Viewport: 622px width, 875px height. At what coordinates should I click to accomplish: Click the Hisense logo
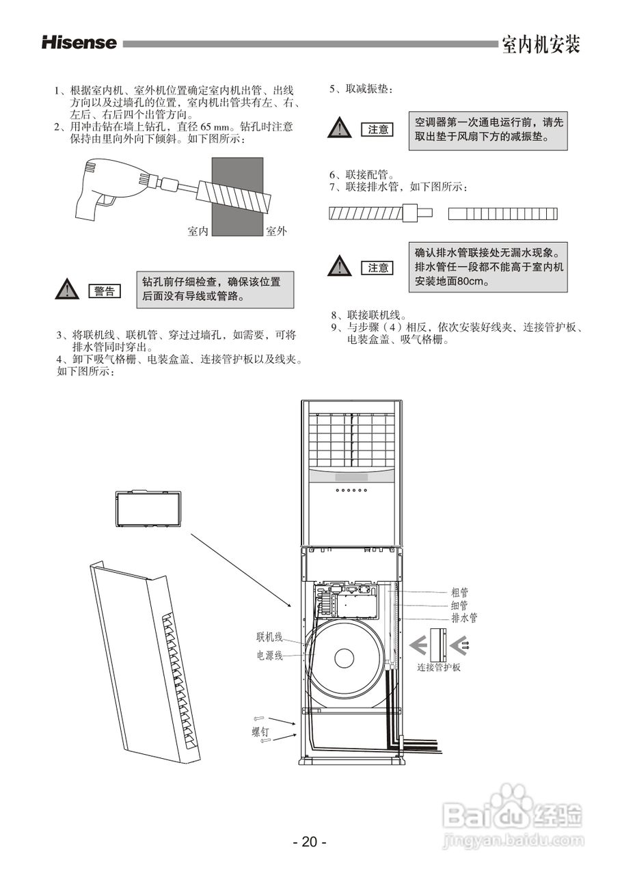tap(79, 43)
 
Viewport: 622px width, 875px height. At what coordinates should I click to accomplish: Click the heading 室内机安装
tap(541, 44)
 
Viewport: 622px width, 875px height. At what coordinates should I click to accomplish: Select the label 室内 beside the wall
tap(198, 231)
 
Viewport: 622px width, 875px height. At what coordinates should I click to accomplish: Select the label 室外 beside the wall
tap(275, 231)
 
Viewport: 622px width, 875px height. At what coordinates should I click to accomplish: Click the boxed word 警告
tap(105, 291)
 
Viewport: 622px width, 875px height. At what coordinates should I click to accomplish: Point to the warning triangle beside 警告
tap(66, 290)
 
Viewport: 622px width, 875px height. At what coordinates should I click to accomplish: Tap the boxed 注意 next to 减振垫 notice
tap(378, 129)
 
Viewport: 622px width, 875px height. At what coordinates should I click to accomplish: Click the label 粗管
tap(459, 593)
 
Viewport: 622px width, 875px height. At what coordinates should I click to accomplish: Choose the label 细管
tap(459, 605)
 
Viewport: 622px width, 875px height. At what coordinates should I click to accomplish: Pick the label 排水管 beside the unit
tap(464, 617)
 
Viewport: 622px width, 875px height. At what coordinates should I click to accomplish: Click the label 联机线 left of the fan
tap(269, 637)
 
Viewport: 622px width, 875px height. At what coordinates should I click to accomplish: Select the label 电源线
tap(269, 656)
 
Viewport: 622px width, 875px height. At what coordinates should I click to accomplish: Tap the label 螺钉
tap(260, 731)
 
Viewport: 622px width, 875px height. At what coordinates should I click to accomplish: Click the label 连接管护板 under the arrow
tap(439, 667)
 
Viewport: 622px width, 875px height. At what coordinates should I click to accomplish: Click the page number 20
tap(310, 842)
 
